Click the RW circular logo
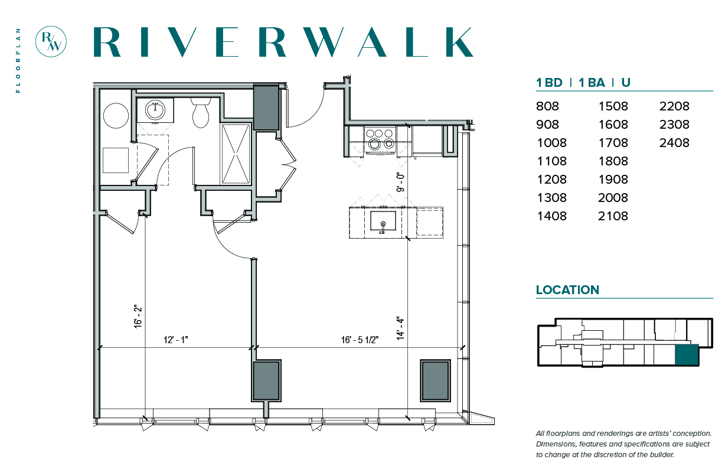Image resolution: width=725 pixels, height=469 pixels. click(51, 41)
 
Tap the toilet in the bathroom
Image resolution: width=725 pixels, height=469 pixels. click(201, 113)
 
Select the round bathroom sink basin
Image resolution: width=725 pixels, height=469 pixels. click(155, 110)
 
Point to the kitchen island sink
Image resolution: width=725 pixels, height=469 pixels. click(383, 222)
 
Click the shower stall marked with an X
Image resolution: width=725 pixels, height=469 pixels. click(236, 154)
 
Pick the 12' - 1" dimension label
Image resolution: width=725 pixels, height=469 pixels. click(176, 340)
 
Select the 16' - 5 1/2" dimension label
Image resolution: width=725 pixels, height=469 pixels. click(360, 340)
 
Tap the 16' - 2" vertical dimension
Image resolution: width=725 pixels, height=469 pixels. click(138, 317)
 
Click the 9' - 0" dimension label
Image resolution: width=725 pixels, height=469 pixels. click(401, 182)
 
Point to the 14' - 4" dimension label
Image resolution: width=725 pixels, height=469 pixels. click(401, 328)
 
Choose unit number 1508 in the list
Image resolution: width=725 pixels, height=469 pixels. click(613, 106)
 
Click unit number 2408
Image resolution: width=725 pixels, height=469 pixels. click(674, 143)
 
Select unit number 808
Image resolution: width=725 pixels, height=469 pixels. click(548, 106)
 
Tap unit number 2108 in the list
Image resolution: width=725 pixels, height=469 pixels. click(613, 216)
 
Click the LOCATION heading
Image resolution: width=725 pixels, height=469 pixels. click(568, 290)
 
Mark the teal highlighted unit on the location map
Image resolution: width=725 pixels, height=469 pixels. click(687, 355)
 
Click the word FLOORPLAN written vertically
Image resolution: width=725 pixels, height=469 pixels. click(18, 60)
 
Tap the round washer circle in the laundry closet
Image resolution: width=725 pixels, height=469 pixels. click(116, 116)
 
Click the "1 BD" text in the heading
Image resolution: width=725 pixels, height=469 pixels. click(549, 83)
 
